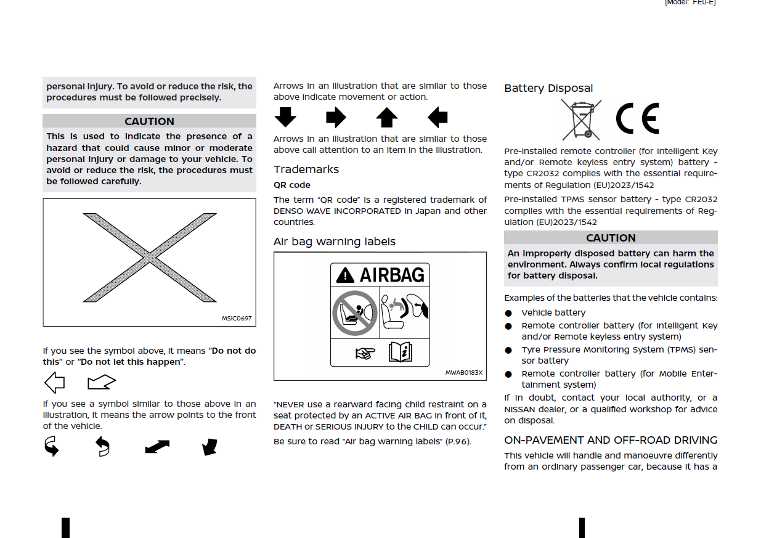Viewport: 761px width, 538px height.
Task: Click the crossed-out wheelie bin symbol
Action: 580,120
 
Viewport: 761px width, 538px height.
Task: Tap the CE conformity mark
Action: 637,119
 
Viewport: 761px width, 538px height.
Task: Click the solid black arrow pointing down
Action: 285,117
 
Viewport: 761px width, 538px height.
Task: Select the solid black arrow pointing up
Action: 386,117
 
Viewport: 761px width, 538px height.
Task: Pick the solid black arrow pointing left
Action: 437,117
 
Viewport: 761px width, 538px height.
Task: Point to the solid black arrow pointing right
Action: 336,117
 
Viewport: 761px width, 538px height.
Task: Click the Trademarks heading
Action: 306,169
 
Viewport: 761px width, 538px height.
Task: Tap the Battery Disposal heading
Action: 548,88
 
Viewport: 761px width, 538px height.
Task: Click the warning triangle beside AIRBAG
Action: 346,275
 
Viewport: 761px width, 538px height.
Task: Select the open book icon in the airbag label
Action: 400,353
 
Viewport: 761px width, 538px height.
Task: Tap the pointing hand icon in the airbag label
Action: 365,354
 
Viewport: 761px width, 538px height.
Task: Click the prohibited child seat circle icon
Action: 353,312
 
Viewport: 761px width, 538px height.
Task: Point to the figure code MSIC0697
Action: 237,319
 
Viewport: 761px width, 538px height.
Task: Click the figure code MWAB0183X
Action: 464,373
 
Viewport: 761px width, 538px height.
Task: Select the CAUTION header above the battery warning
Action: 611,238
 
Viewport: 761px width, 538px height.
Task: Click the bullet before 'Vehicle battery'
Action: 508,313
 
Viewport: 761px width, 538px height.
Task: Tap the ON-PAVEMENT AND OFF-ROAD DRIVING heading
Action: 611,440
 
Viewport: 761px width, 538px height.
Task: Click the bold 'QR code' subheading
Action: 292,185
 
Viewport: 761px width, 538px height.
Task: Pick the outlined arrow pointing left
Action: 54,383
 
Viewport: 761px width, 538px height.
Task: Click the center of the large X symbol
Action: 149,258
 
